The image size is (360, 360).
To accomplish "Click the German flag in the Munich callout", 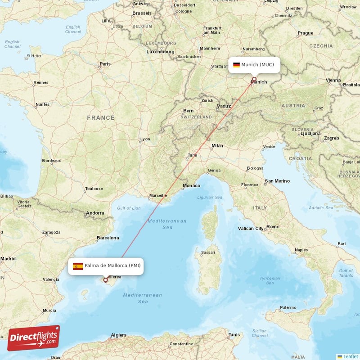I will click(236, 65).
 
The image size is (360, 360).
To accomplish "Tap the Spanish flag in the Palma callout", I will click(78, 266).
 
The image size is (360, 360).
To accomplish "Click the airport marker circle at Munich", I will click(254, 79).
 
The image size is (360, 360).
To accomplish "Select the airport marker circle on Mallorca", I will click(106, 280).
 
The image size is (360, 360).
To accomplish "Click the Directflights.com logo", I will click(34, 338).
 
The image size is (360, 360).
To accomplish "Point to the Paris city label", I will click(105, 64).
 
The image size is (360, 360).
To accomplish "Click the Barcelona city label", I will click(108, 238).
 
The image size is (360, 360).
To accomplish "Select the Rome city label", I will click(273, 227).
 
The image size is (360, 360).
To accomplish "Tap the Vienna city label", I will click(333, 80).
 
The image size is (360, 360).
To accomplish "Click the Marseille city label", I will click(158, 195).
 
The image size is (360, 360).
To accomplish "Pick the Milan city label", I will click(217, 146).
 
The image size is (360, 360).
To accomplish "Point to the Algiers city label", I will click(119, 335).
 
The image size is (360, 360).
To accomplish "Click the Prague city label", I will click(305, 33).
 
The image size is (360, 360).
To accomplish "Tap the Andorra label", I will click(95, 213).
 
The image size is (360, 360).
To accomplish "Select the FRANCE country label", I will click(101, 118).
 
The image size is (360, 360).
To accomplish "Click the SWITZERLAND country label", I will click(196, 117).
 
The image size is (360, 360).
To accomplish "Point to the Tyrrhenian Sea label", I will click(270, 280).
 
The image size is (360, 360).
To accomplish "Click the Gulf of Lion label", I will click(129, 208).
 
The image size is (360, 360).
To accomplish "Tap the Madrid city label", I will click(8, 259).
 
